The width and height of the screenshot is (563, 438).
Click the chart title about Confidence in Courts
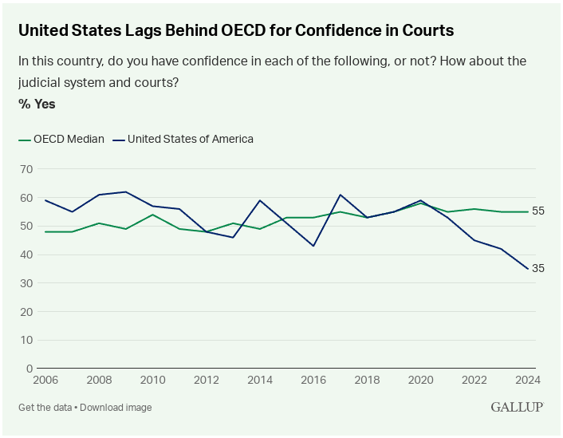(x=236, y=31)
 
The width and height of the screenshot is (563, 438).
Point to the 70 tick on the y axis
(x=26, y=169)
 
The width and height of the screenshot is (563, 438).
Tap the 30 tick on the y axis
(x=26, y=283)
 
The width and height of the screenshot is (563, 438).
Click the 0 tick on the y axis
(x=29, y=369)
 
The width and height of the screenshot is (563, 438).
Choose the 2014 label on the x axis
(x=261, y=381)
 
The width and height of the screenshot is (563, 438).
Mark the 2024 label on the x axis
(x=527, y=381)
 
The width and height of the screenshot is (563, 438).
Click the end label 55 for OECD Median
(x=538, y=211)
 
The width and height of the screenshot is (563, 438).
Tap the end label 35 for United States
(x=538, y=269)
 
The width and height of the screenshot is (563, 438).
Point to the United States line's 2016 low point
(x=313, y=246)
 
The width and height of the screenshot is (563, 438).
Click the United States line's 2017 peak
(x=341, y=195)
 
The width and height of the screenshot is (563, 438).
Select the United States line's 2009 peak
(x=127, y=191)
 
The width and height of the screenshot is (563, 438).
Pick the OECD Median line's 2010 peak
(x=153, y=215)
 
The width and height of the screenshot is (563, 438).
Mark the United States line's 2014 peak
(x=260, y=200)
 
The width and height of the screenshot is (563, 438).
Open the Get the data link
(x=45, y=408)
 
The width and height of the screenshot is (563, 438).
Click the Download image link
(x=116, y=408)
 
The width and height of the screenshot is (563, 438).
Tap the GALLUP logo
(x=517, y=407)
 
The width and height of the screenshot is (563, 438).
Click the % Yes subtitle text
(x=37, y=104)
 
